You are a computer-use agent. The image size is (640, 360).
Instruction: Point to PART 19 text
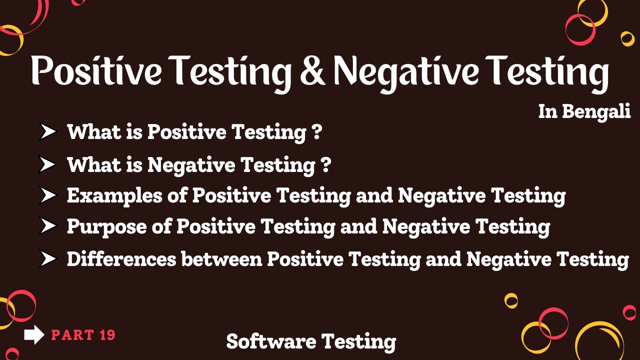83,335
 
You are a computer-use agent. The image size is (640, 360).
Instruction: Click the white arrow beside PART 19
34,335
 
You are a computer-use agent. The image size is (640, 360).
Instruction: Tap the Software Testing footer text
311,341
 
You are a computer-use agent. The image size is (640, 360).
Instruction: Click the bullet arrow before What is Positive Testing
48,132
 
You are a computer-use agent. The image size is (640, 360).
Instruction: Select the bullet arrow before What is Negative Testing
48,164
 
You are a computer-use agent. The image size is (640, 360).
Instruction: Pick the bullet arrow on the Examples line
48,196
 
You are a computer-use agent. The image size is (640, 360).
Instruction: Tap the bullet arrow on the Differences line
48,259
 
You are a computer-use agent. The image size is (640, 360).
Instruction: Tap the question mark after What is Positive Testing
316,132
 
